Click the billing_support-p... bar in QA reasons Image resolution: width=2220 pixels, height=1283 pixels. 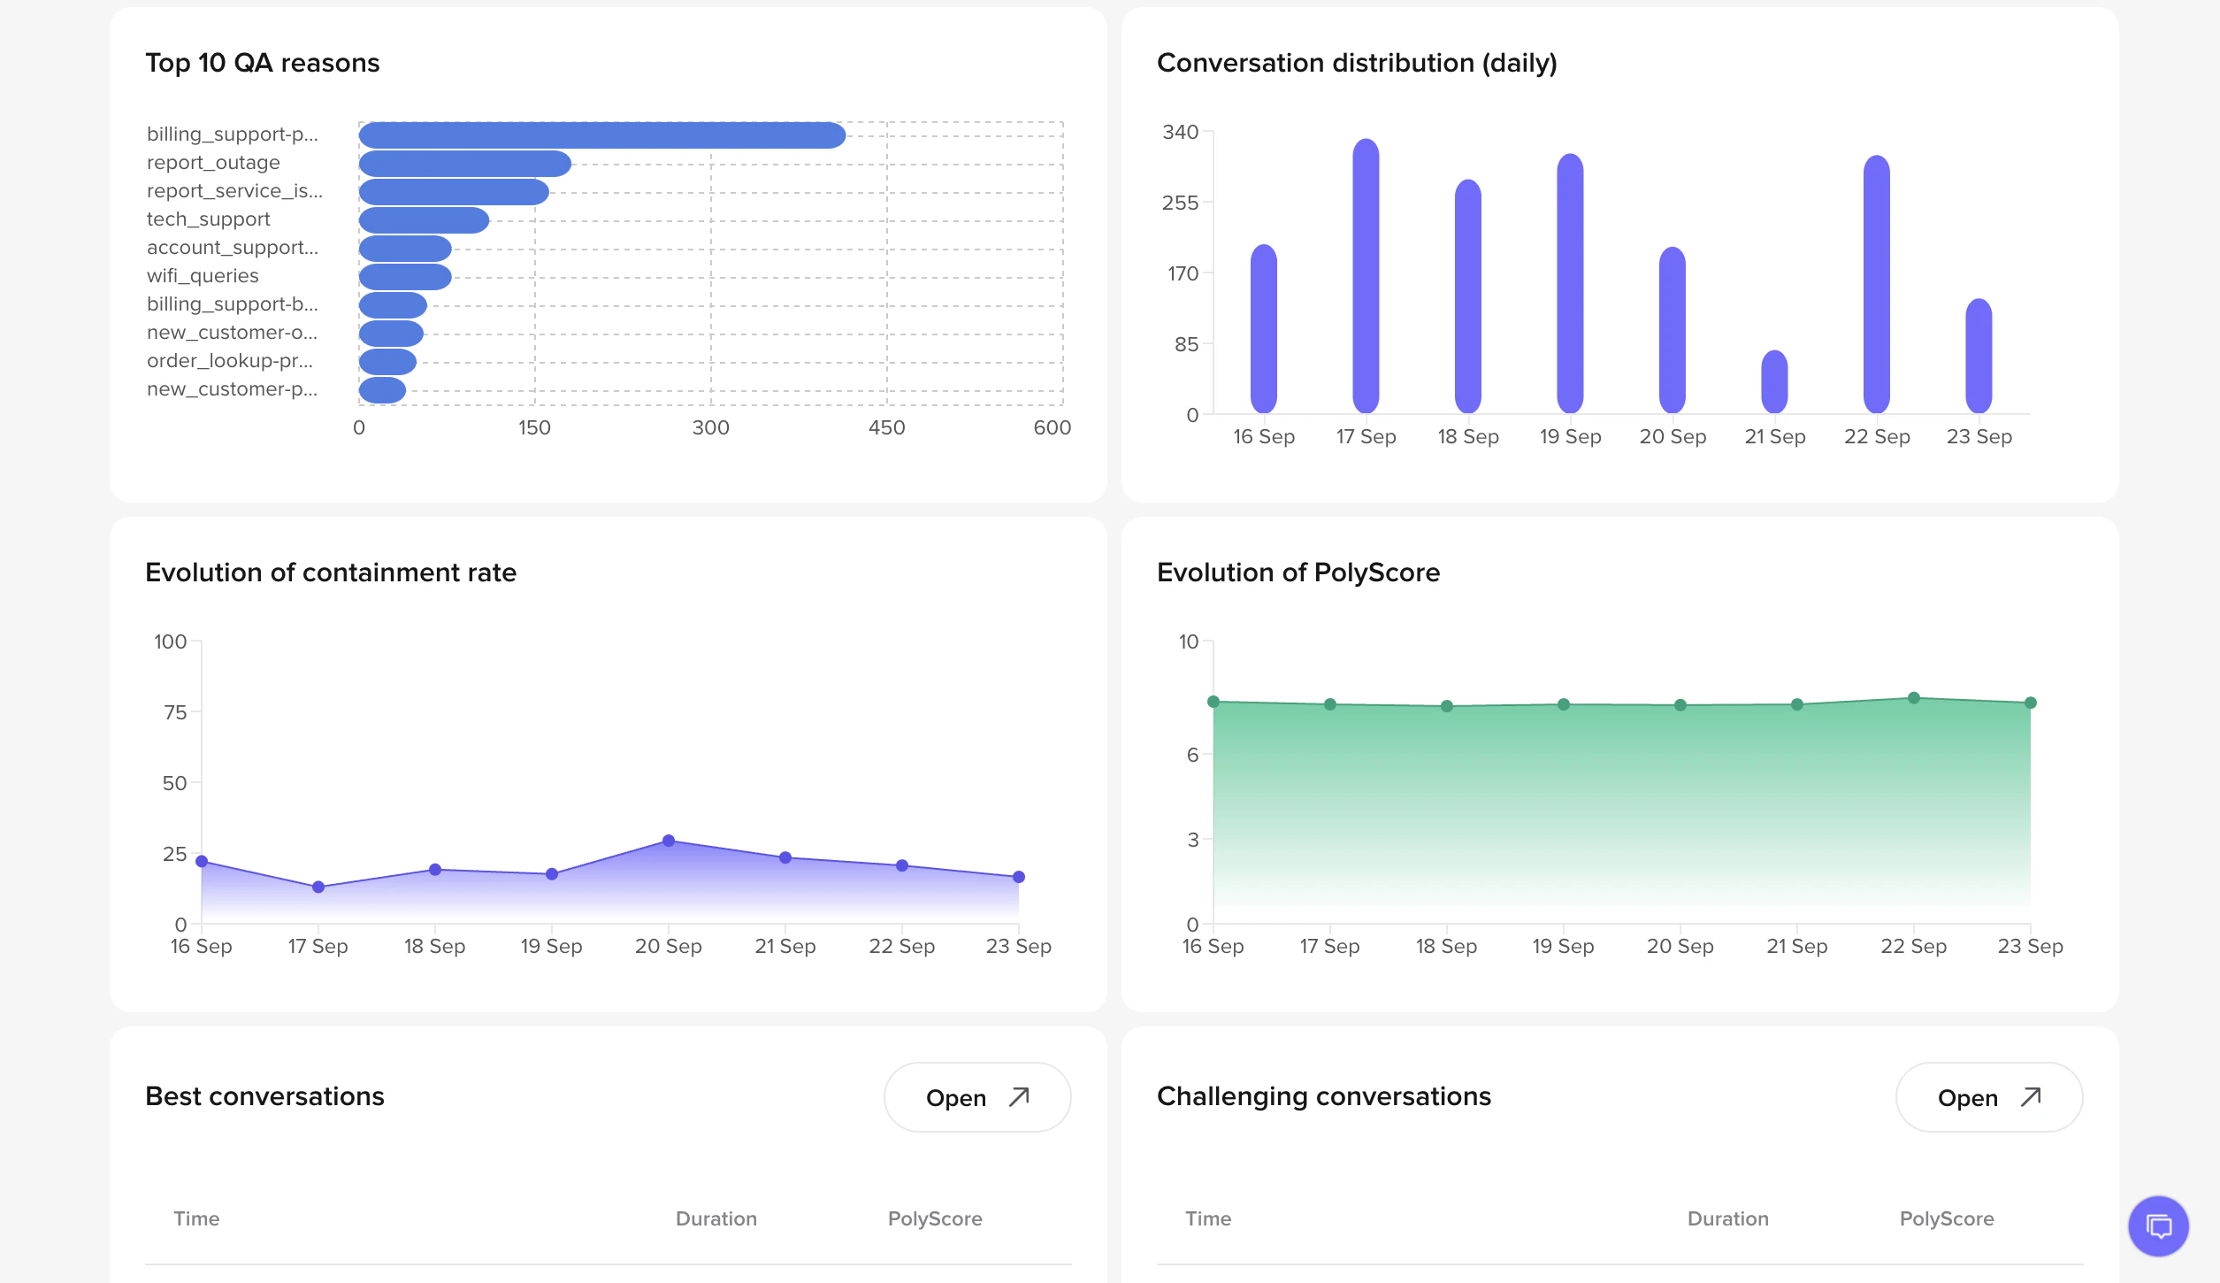pyautogui.click(x=601, y=135)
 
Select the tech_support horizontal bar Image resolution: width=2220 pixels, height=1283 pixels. pyautogui.click(x=424, y=220)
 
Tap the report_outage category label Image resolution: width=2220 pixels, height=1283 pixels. pyautogui.click(x=213, y=163)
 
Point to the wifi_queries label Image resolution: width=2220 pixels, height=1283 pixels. pyautogui.click(x=203, y=276)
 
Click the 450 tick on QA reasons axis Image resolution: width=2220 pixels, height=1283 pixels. pyautogui.click(x=886, y=428)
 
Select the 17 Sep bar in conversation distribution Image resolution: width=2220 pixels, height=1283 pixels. pyautogui.click(x=1366, y=275)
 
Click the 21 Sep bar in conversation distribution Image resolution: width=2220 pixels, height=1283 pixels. pyautogui.click(x=1774, y=382)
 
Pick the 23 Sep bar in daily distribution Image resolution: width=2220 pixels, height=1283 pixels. pyautogui.click(x=1979, y=356)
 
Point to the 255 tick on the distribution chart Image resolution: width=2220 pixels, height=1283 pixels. pyautogui.click(x=1180, y=204)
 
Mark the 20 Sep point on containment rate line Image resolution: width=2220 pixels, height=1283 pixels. pyautogui.click(x=669, y=841)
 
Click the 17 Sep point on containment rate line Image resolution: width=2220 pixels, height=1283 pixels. pyautogui.click(x=318, y=887)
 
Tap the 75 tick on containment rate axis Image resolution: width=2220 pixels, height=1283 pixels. pyautogui.click(x=175, y=712)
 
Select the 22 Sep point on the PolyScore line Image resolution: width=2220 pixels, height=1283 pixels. pyautogui.click(x=1914, y=698)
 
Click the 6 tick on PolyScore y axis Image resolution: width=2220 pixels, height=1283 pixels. pyautogui.click(x=1193, y=755)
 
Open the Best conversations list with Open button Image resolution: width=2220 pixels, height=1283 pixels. pyautogui.click(x=976, y=1097)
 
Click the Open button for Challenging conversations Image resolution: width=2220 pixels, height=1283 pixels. pyautogui.click(x=1988, y=1097)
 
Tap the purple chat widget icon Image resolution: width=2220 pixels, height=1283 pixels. pyautogui.click(x=2158, y=1226)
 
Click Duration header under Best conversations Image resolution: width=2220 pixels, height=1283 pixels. pyautogui.click(x=716, y=1218)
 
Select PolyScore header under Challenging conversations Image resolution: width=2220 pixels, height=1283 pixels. pyautogui.click(x=1946, y=1218)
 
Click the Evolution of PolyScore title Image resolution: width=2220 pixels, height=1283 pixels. pyautogui.click(x=1298, y=572)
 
